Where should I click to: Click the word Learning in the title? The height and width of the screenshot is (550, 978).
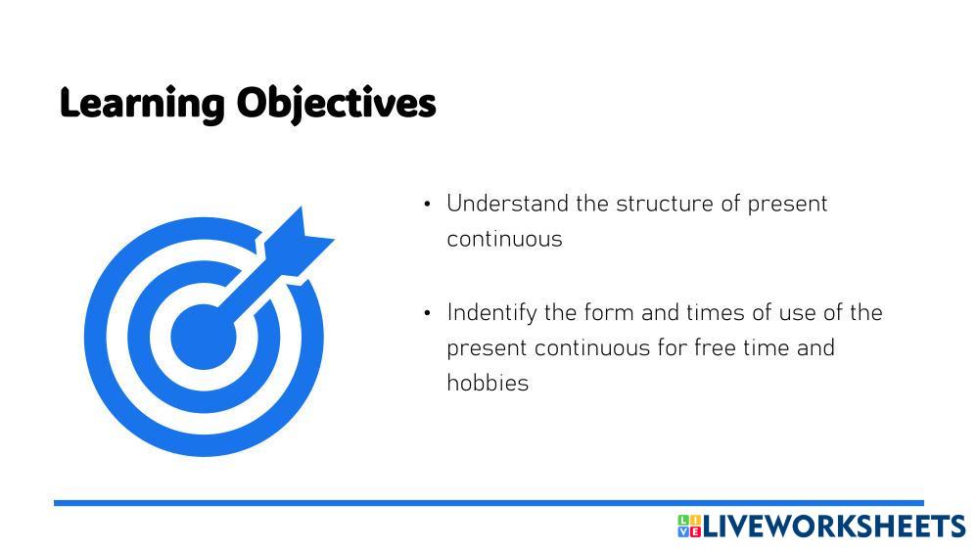coord(142,104)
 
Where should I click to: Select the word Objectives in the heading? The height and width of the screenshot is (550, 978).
coord(336,104)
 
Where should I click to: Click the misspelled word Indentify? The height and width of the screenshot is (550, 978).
coord(491,313)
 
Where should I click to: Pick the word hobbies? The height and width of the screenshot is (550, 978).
coord(488,383)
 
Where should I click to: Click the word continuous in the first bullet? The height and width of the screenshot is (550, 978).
coord(504,240)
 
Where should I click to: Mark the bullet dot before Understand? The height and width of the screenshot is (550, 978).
coord(427,205)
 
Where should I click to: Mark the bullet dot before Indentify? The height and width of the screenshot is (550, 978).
coord(427,314)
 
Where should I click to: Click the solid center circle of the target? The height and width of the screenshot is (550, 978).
coord(204,337)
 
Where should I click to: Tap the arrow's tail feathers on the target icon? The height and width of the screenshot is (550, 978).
coord(300,239)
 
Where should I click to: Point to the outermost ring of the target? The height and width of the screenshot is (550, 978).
coord(95,337)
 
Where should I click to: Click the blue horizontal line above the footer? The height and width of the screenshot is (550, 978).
coord(489,503)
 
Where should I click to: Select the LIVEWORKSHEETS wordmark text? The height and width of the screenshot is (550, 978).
coord(834,527)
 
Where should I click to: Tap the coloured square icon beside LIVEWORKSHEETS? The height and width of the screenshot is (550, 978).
coord(689,527)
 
